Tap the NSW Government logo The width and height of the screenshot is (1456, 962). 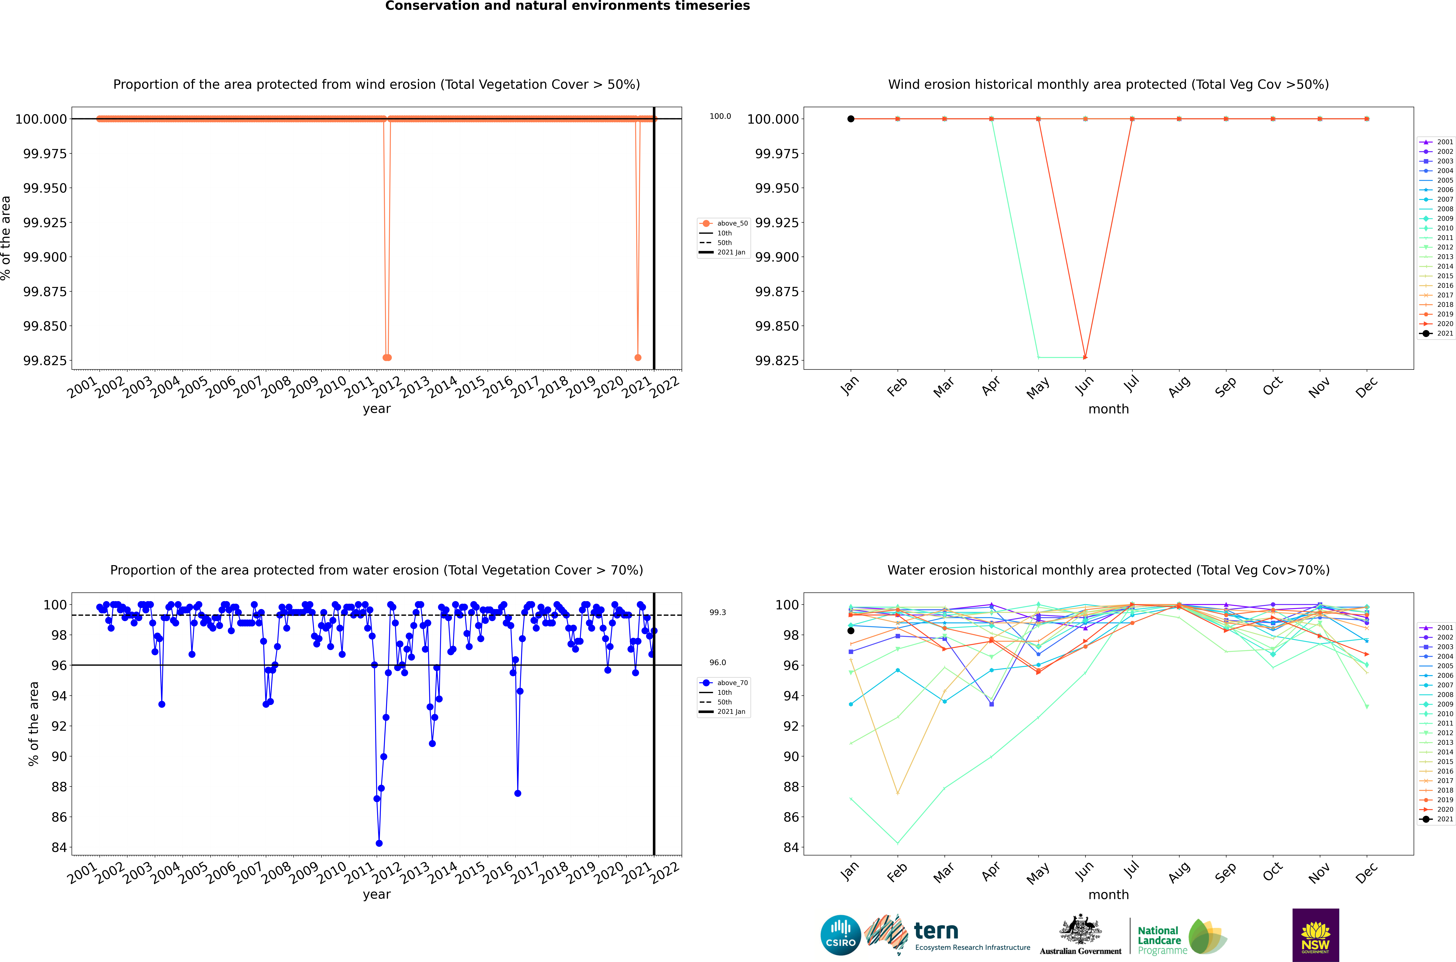coord(1316,935)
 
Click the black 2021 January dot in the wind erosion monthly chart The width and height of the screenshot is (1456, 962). coord(850,119)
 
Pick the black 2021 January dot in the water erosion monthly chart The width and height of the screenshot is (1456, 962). coord(850,631)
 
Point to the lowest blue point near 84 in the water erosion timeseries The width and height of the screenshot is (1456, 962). coord(379,843)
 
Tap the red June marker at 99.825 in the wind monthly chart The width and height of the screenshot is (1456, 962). coord(1085,357)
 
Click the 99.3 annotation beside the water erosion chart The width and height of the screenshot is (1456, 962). coord(717,612)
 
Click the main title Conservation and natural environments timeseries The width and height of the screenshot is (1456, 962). coord(567,6)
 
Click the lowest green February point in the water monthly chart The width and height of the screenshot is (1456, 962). coord(898,843)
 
